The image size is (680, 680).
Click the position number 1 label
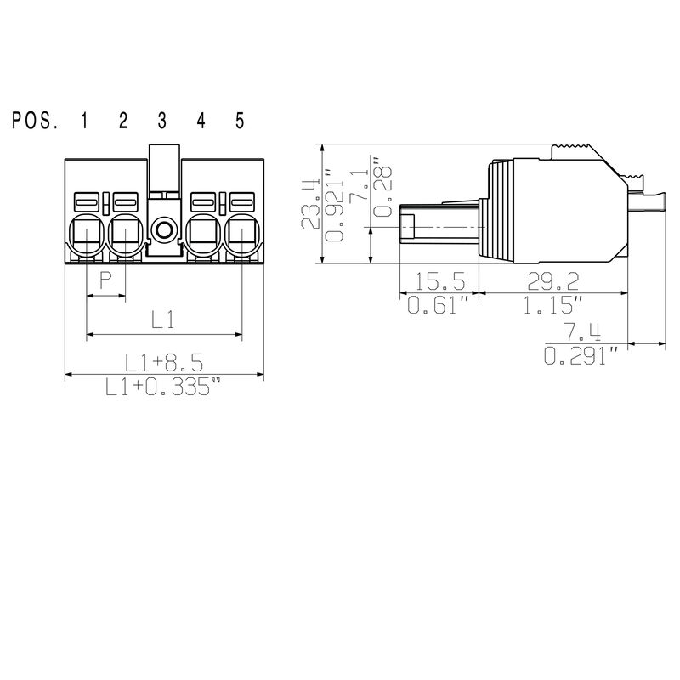84,121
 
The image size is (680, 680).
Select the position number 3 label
161,121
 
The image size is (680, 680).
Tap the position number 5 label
240,121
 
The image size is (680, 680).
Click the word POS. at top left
35,121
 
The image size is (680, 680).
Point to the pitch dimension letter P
106,281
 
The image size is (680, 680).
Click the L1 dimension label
163,320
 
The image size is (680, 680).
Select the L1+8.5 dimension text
163,363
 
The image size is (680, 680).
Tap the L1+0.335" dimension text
163,387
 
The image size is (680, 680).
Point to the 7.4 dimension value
586,331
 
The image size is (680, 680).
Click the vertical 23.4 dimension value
311,204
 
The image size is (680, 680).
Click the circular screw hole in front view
161,229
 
